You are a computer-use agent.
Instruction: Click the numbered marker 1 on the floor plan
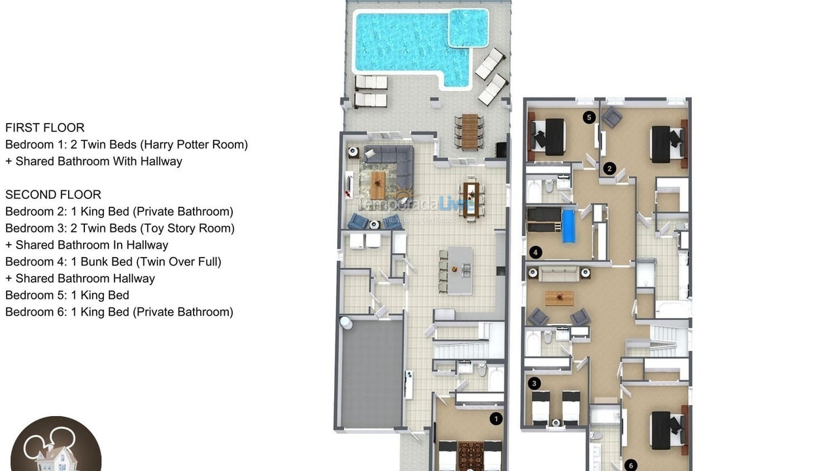(x=496, y=418)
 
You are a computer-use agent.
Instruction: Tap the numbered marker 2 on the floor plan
(x=609, y=168)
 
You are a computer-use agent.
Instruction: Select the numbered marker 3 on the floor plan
(x=535, y=383)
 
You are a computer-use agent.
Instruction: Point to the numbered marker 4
(x=536, y=252)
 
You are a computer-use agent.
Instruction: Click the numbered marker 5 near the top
(x=589, y=117)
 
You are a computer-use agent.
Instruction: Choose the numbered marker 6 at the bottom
(x=630, y=465)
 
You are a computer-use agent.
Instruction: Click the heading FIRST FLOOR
(x=44, y=128)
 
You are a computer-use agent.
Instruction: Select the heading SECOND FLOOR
(x=53, y=194)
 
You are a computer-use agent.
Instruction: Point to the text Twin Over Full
(x=179, y=262)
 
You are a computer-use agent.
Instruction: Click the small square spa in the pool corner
(x=468, y=27)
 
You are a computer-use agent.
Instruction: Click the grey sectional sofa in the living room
(x=392, y=164)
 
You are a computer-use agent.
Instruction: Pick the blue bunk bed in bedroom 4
(x=568, y=226)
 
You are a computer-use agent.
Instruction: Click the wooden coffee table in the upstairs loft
(x=559, y=298)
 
